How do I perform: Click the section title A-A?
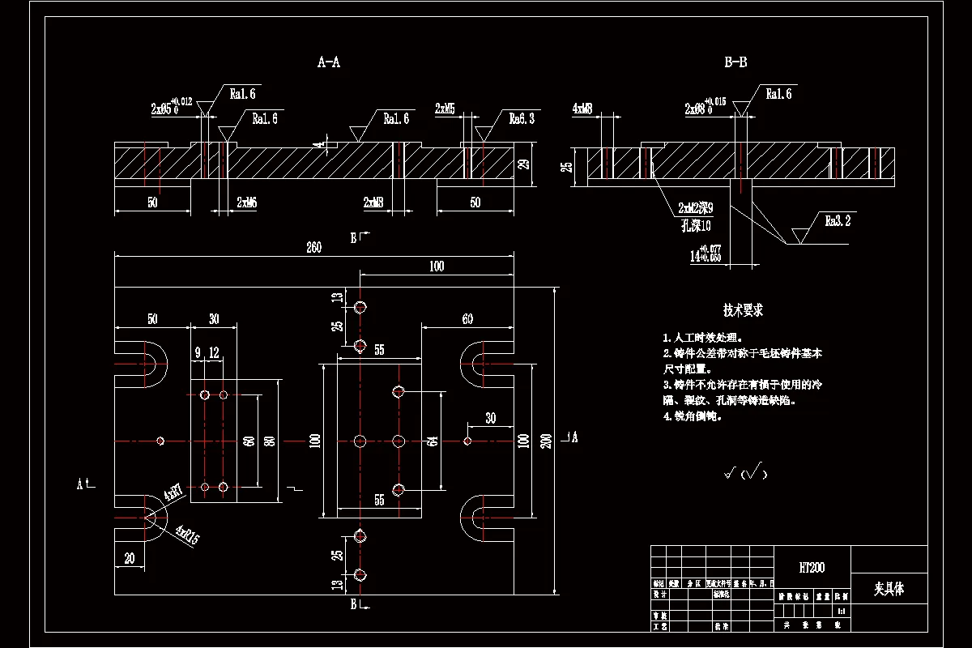[x=328, y=62]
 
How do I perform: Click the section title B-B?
[x=735, y=62]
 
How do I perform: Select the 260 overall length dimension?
[x=313, y=248]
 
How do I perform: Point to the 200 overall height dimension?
[x=547, y=441]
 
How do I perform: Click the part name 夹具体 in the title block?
[x=889, y=589]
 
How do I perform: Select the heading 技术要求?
[x=743, y=310]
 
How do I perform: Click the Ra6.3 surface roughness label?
[x=522, y=119]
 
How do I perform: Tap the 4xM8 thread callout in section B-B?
[x=582, y=108]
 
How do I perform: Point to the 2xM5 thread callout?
[x=445, y=108]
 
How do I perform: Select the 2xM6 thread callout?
[x=246, y=201]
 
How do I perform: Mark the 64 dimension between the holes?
[x=433, y=441]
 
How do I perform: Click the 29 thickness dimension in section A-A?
[x=523, y=164]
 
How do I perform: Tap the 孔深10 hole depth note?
[x=695, y=224]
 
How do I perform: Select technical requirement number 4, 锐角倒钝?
[x=693, y=416]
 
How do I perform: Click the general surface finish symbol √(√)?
[x=744, y=472]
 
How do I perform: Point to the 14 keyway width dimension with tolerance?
[x=705, y=254]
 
